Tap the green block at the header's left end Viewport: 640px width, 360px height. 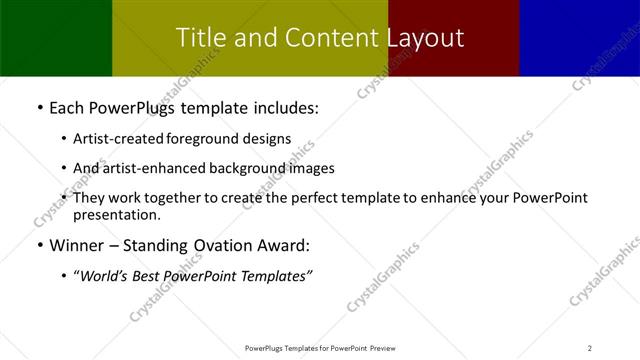[x=55, y=38]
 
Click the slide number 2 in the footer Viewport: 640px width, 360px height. [x=590, y=347]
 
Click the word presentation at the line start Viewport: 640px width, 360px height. [x=116, y=215]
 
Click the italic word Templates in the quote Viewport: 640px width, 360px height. [x=274, y=277]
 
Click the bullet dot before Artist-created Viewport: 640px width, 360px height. [x=64, y=139]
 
